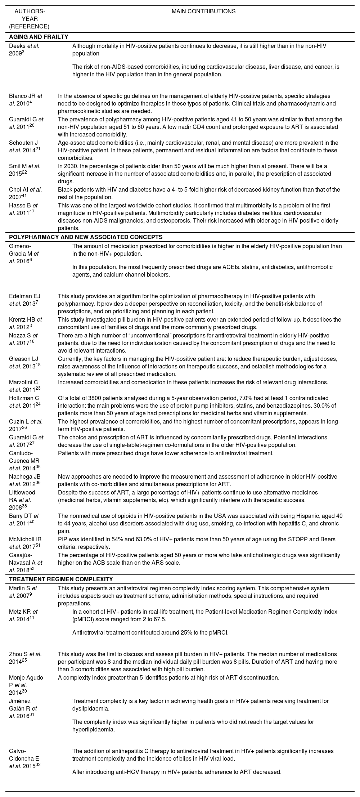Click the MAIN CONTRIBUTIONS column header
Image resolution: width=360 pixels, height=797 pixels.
coord(203,12)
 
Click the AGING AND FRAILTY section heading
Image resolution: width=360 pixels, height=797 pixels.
coord(39,37)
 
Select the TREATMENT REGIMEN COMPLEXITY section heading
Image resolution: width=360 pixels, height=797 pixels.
coord(61,579)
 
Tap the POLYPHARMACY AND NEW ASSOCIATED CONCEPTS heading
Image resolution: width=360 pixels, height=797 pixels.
coord(86,237)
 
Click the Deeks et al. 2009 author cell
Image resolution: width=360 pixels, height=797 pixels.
coord(24,50)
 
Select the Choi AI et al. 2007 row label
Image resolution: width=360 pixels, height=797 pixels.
coord(26,193)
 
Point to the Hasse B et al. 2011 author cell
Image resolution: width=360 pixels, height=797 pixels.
coord(23,209)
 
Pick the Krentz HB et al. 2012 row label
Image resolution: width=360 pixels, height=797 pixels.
coord(26,323)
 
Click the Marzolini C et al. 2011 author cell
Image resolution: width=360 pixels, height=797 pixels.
coord(24,386)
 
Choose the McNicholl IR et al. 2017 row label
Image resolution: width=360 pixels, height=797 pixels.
coord(26,543)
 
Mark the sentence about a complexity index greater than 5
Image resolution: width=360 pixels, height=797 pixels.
coord(168,677)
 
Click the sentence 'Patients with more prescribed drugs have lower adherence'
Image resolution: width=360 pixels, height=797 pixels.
coord(166,453)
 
